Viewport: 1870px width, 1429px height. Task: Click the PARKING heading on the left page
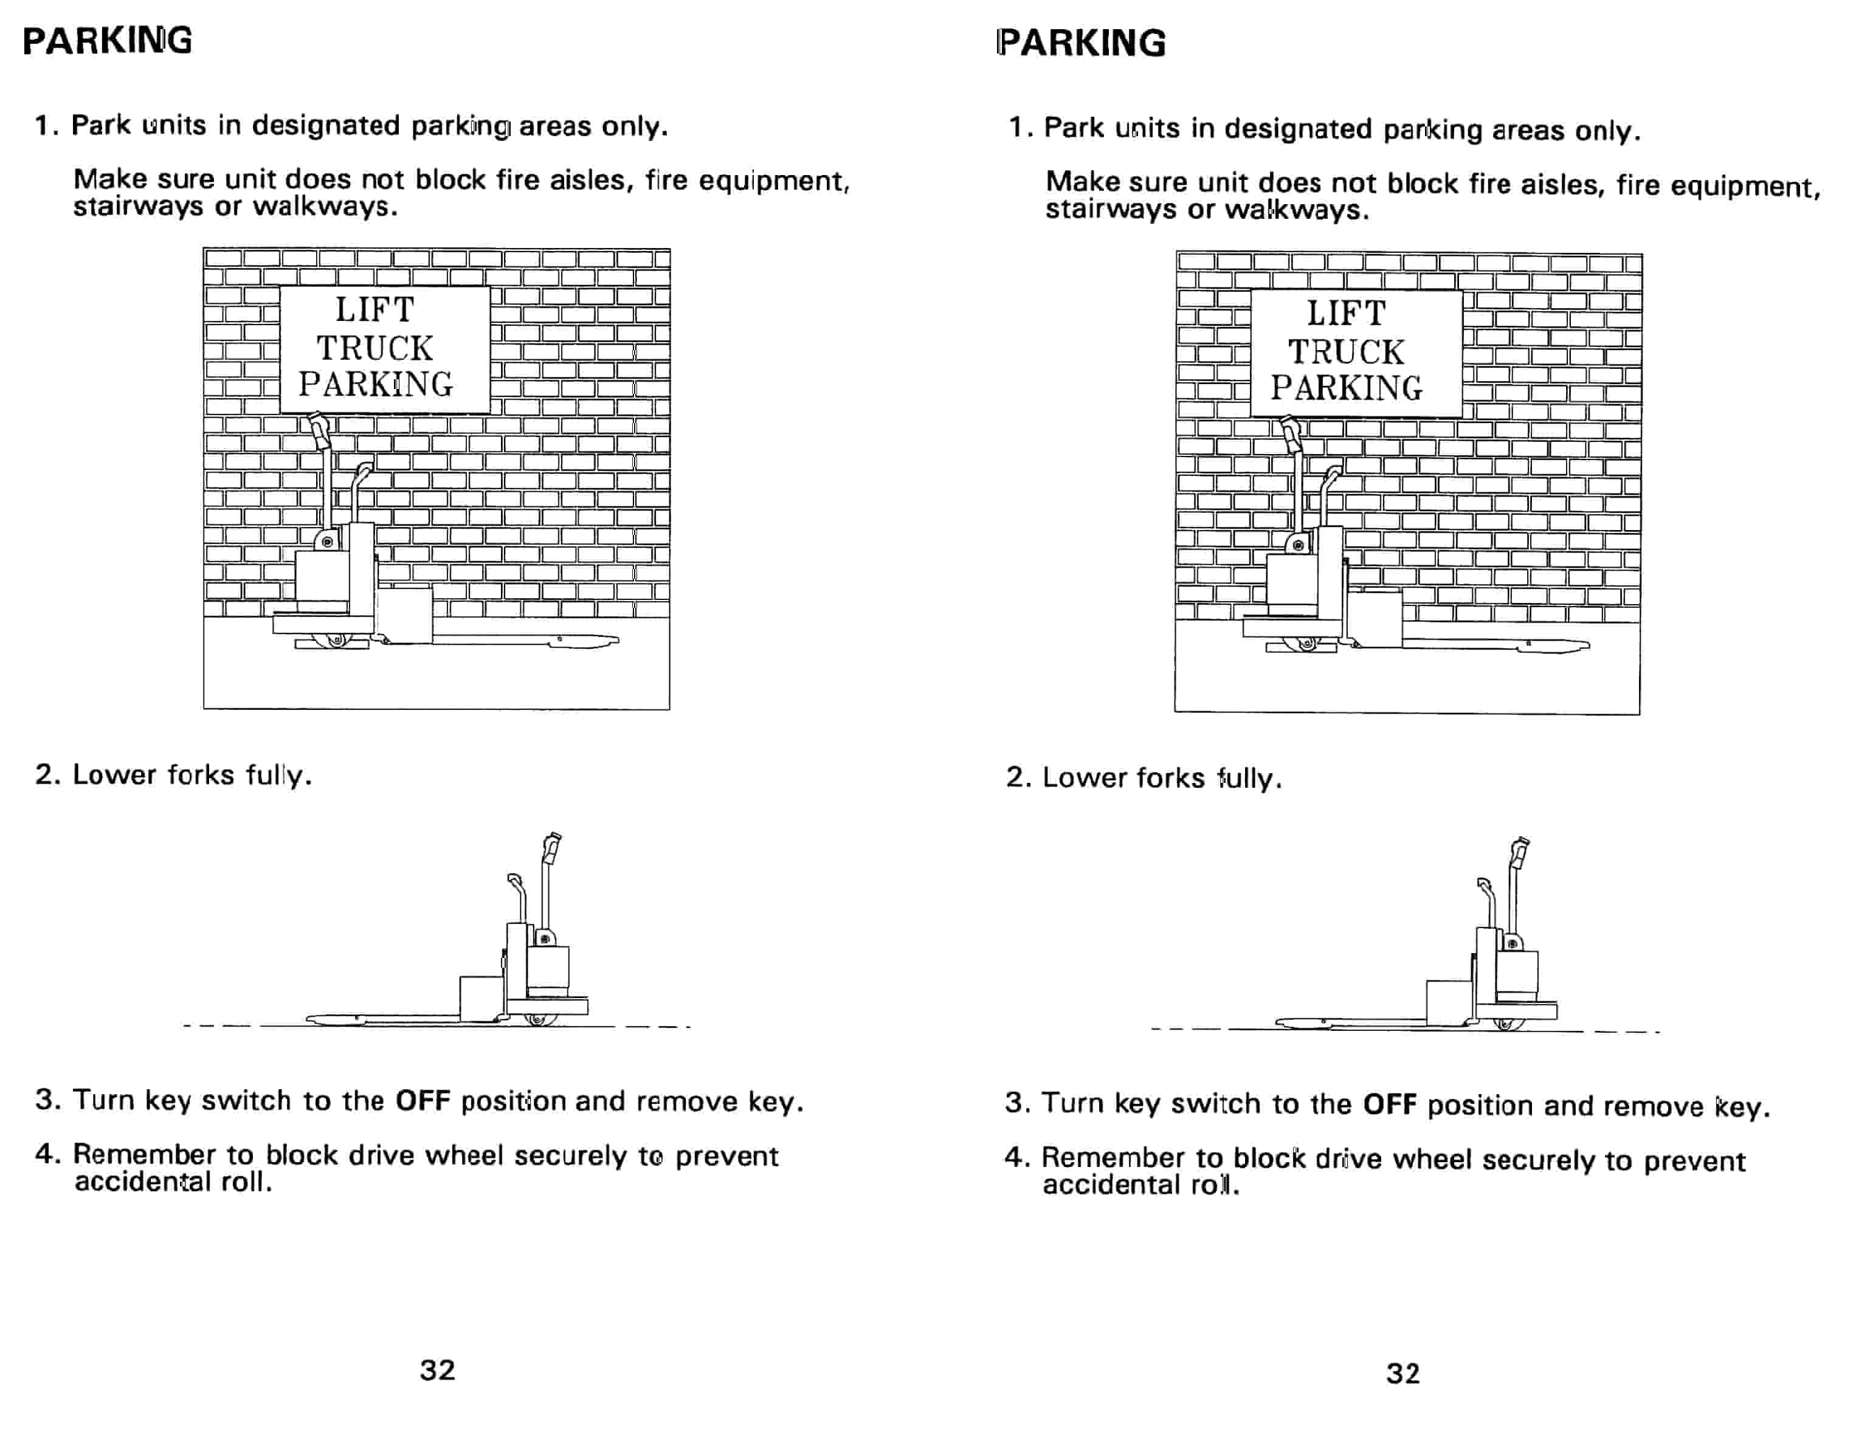(x=107, y=41)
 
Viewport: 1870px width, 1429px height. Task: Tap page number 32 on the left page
(x=437, y=1370)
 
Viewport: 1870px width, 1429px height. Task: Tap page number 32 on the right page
(x=1403, y=1374)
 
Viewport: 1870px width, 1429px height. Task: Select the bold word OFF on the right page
(x=1389, y=1104)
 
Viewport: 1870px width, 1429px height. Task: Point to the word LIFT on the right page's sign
(x=1347, y=314)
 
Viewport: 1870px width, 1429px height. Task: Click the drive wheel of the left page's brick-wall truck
(x=337, y=639)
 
